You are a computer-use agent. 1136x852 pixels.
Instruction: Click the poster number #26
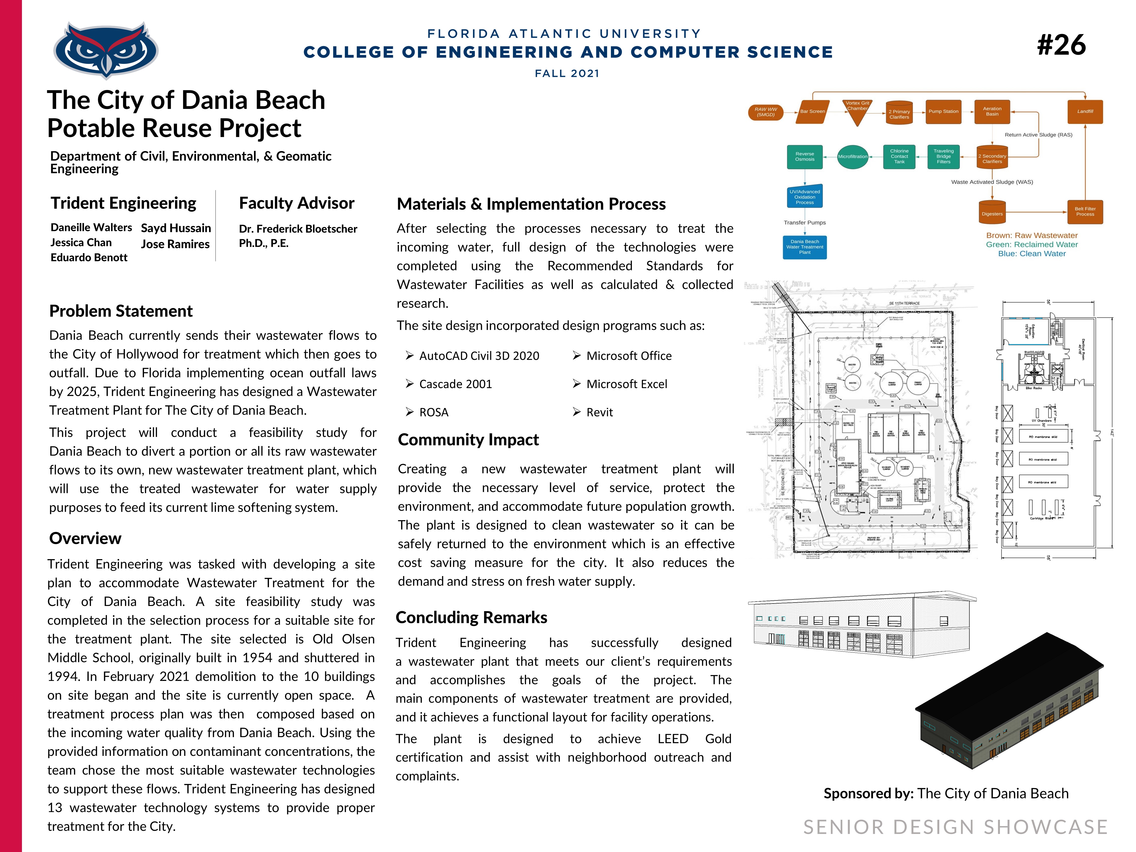1061,45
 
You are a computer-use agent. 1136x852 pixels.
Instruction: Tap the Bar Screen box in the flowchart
812,111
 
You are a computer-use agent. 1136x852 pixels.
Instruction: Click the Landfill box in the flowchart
1085,111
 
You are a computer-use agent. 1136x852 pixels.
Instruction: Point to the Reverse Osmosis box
804,157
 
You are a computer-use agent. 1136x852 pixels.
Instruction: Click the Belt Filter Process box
1085,212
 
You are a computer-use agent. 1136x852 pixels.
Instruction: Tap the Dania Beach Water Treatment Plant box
804,247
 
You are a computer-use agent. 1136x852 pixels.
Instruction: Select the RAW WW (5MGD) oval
765,112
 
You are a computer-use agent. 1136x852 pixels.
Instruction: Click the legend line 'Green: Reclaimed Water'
1031,245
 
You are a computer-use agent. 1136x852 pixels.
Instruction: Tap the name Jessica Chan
81,242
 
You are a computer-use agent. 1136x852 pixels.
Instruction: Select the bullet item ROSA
433,412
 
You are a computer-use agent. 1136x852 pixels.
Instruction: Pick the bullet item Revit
599,412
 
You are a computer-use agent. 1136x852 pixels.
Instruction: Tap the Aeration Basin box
992,111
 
